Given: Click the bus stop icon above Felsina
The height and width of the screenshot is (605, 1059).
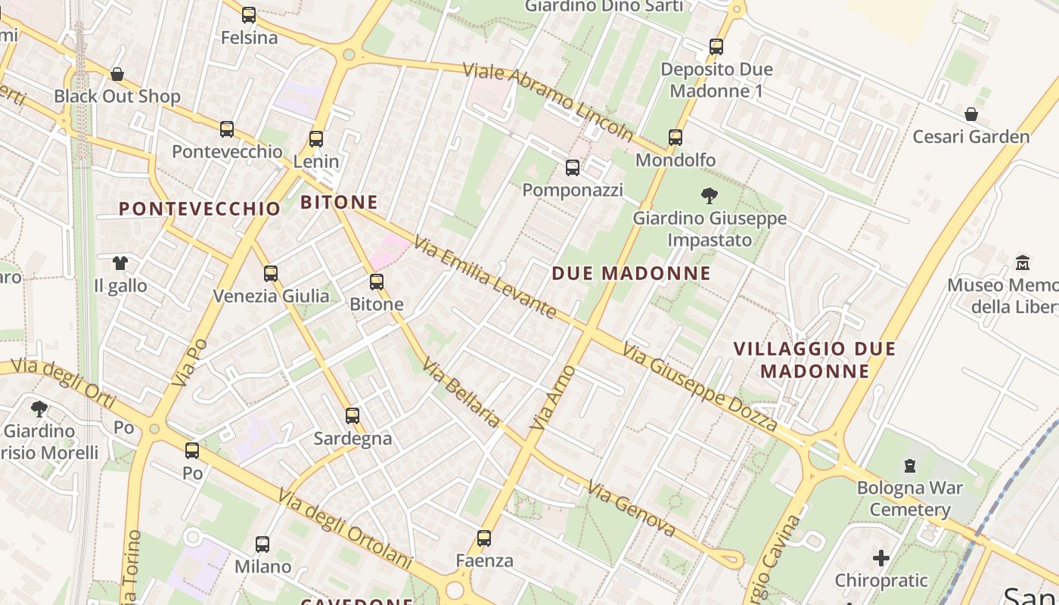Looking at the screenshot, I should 249,15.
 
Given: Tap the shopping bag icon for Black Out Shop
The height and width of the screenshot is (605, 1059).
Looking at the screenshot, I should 117,74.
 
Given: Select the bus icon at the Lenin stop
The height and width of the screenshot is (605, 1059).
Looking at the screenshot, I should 316,139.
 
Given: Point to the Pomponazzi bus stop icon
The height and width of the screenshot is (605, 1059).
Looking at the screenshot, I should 573,168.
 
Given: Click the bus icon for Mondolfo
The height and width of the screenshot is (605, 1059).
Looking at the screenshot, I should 675,138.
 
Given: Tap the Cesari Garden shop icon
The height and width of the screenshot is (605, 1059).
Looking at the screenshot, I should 971,115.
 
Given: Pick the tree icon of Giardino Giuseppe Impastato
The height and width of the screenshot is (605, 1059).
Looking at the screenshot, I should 710,197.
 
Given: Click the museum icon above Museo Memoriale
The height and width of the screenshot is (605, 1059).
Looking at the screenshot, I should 1023,263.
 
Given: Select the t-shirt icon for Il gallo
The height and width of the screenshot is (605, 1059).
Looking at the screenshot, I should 120,263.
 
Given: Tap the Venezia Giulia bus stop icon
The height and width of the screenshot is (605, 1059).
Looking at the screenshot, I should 271,274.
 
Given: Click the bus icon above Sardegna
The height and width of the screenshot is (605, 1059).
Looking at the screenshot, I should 352,416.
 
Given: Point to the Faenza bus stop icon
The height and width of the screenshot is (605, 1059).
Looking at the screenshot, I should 484,538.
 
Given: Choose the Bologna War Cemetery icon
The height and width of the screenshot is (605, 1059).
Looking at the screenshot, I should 910,466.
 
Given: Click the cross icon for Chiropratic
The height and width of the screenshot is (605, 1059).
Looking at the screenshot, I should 881,559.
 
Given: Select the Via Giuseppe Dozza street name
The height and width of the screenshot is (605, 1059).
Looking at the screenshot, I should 700,387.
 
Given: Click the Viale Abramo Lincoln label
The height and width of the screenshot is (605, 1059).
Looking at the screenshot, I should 548,102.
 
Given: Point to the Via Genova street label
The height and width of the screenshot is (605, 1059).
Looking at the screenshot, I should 632,509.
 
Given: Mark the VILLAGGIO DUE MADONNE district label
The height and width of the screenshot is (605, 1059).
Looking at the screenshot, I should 815,360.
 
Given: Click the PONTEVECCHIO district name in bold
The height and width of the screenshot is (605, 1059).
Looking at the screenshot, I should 200,209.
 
